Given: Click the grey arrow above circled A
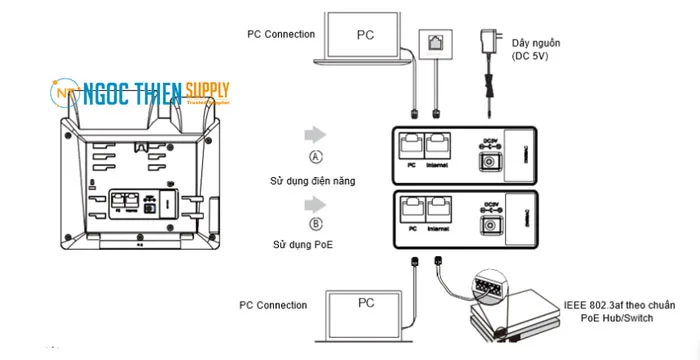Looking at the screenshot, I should pyautogui.click(x=317, y=133).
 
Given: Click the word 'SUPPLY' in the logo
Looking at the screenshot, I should pyautogui.click(x=208, y=92).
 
